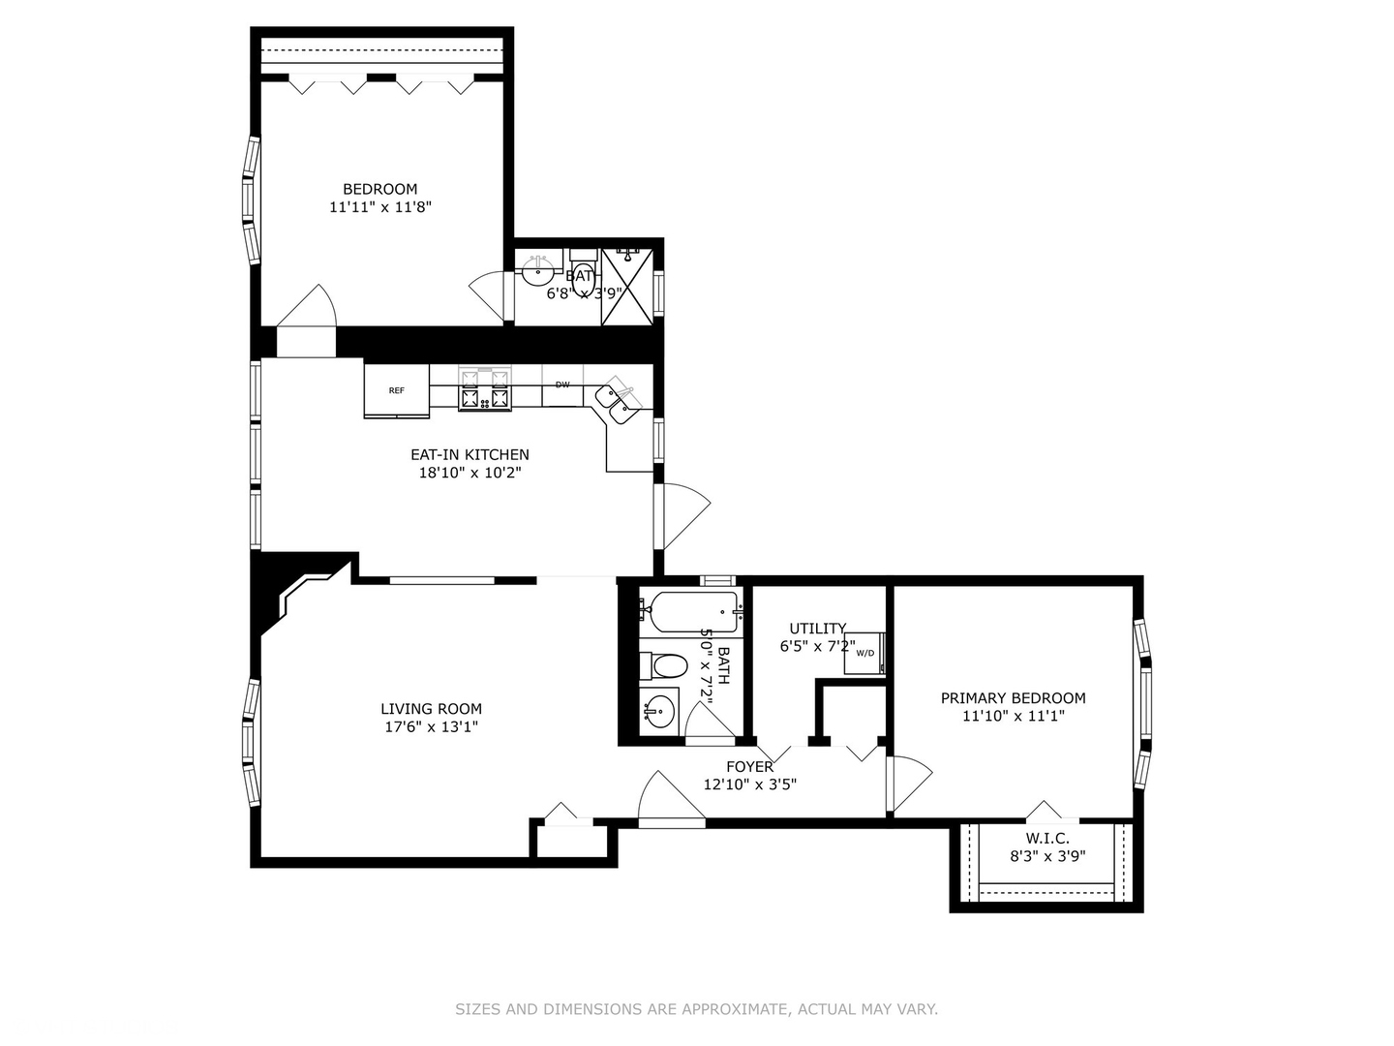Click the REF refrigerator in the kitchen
396,390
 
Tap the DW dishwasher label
562,385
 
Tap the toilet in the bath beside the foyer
666,665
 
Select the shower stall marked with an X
627,286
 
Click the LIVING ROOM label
431,709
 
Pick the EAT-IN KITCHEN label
470,454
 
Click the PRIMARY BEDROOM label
1013,698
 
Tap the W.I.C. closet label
1047,839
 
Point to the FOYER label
749,767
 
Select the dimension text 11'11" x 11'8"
379,207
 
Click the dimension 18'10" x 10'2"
470,473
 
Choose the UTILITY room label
817,629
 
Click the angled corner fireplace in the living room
300,596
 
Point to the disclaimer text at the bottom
696,1009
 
